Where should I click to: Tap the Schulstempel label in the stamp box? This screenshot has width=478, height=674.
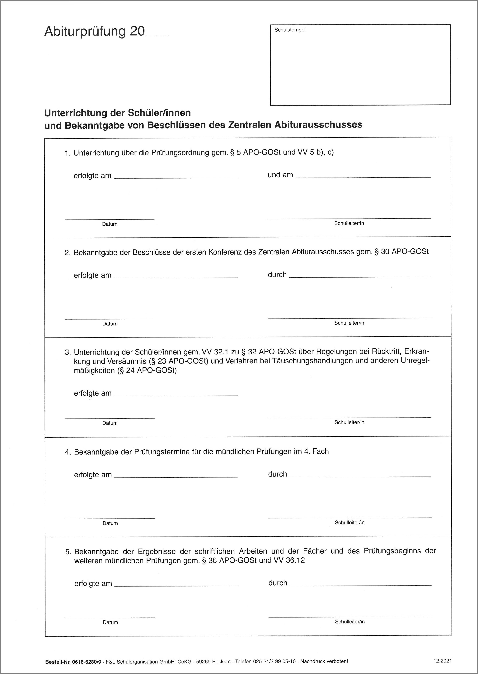point(290,30)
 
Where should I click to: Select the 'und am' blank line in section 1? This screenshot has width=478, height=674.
point(363,177)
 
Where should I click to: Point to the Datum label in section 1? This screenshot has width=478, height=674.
point(110,224)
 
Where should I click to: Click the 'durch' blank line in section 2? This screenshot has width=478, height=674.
point(360,276)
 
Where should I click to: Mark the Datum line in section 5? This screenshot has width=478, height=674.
point(110,617)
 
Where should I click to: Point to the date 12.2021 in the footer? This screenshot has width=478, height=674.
point(442,661)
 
